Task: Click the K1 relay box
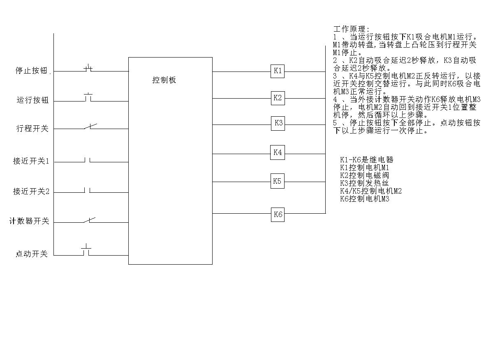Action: coord(278,71)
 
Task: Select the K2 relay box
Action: coord(278,98)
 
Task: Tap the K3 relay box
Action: coord(278,123)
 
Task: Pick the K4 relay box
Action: coord(277,152)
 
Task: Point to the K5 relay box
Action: coord(278,181)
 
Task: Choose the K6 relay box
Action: coord(278,214)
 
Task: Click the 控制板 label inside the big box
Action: coord(164,80)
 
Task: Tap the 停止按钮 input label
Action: coord(32,70)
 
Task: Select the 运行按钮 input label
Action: coord(33,100)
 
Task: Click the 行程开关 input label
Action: coord(32,128)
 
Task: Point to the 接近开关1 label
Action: coord(31,161)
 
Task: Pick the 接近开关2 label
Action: coord(31,192)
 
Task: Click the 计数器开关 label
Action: coord(29,221)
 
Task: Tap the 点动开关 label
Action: coord(32,254)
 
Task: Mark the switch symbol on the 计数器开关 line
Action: coord(89,220)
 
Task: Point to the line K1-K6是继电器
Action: coord(366,160)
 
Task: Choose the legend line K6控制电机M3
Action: coord(364,199)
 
